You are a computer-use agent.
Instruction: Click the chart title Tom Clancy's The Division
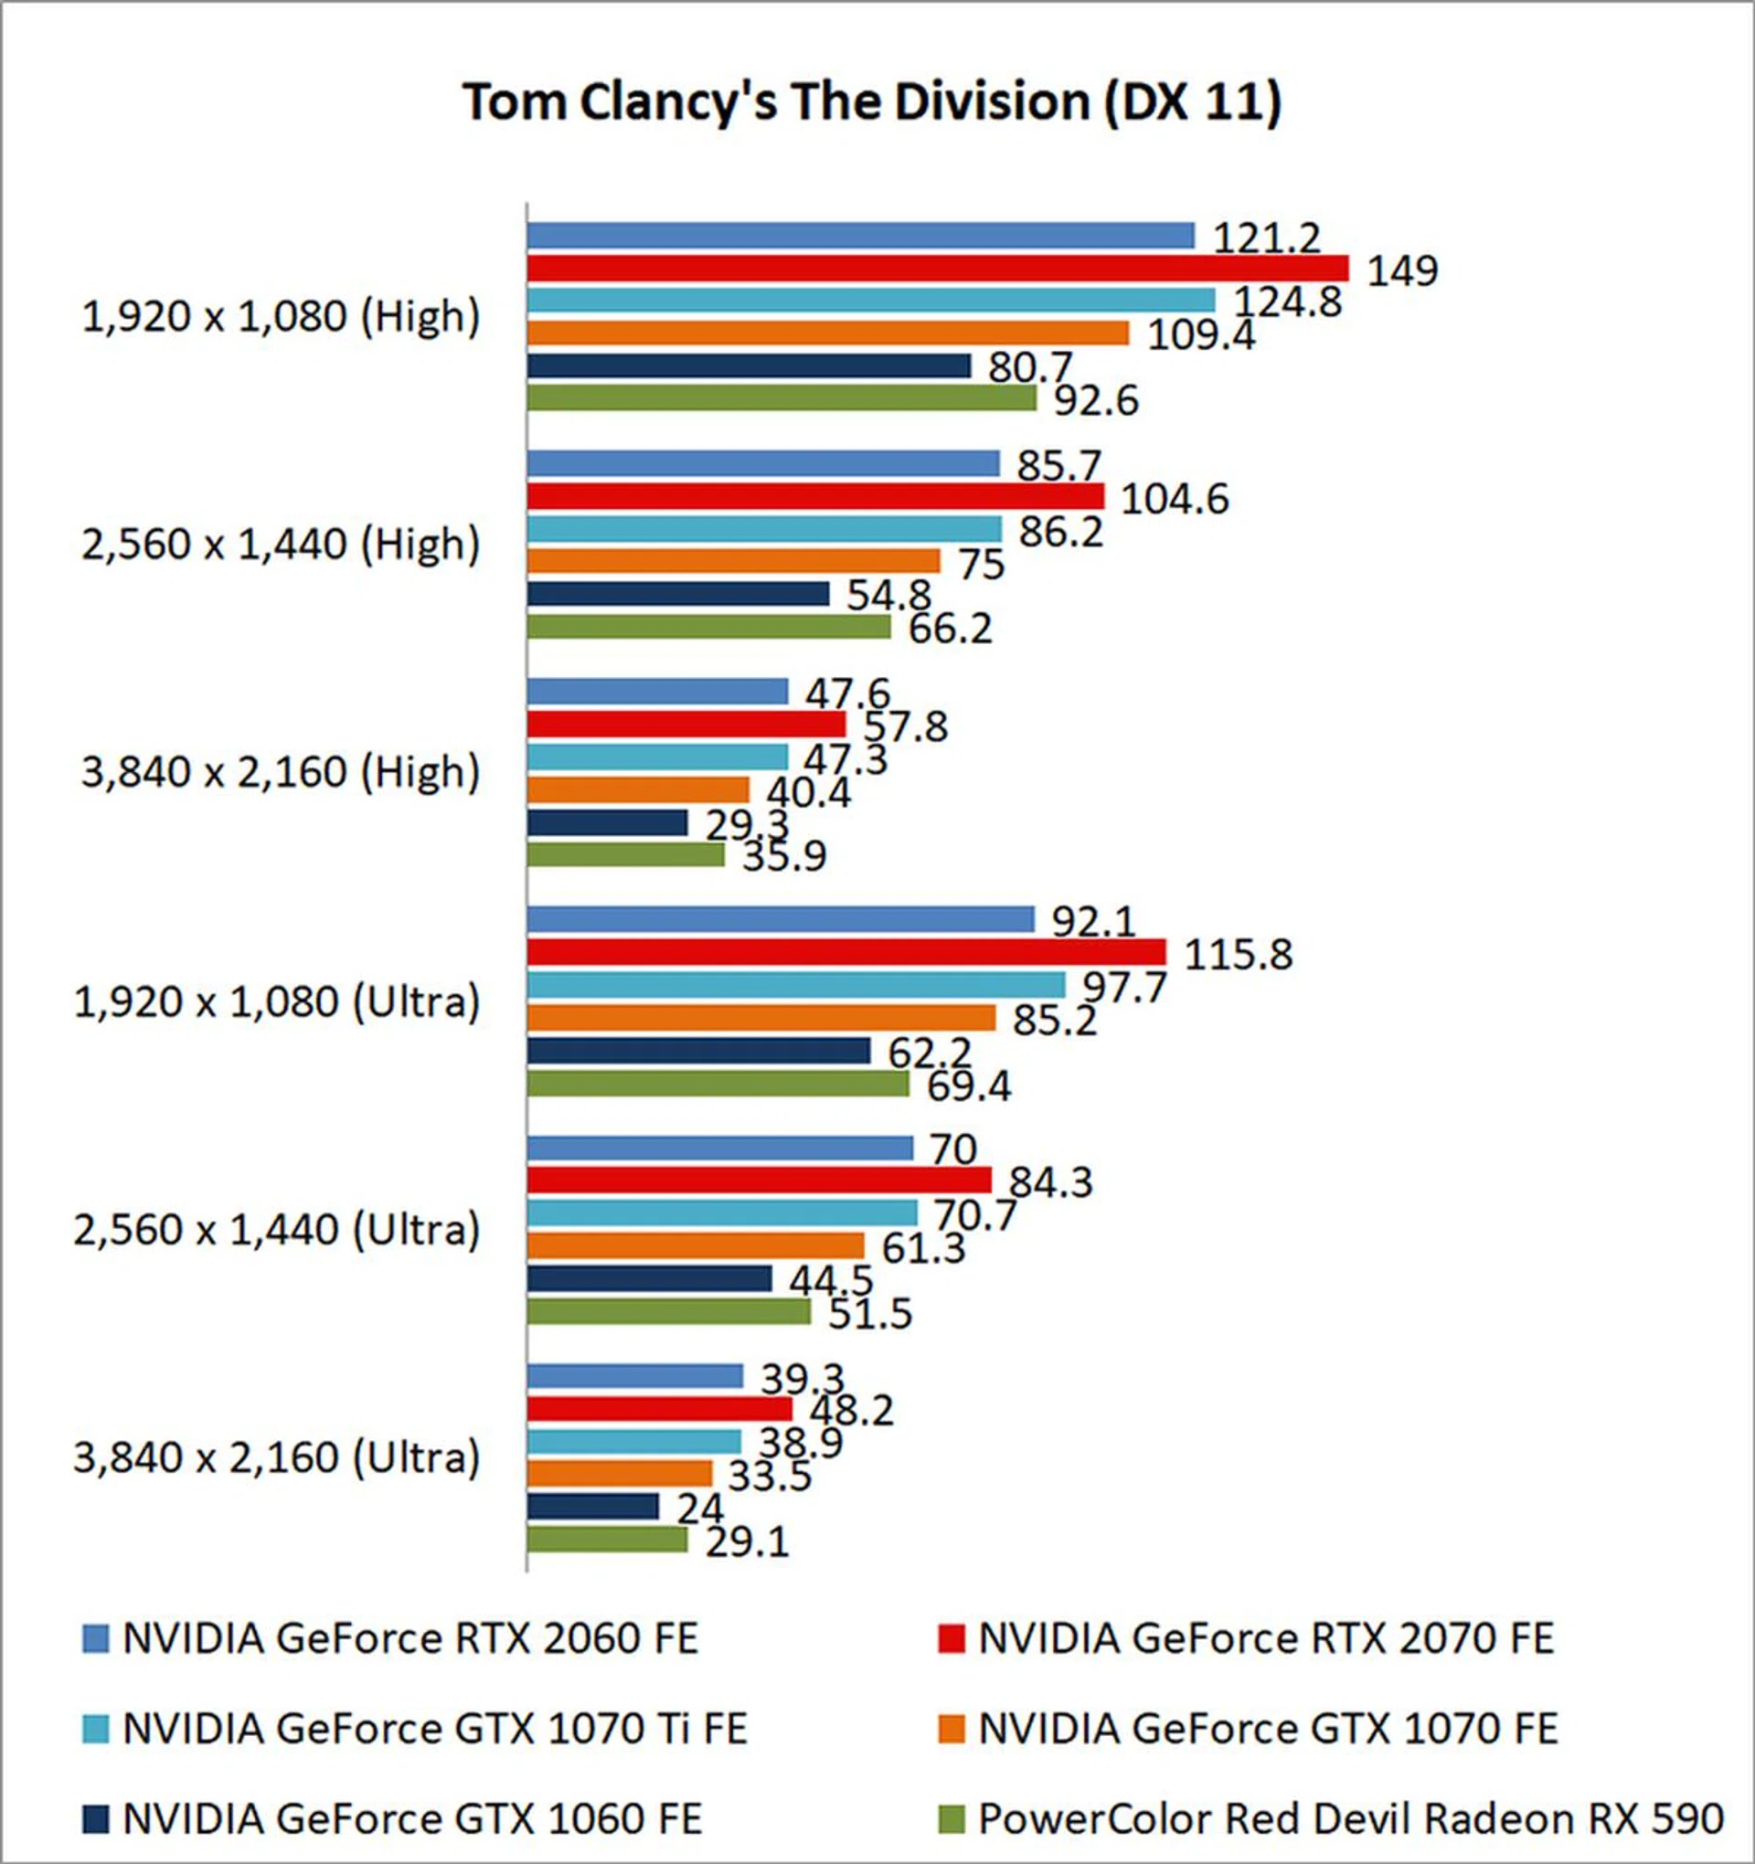(x=872, y=102)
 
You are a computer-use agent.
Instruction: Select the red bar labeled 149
(x=937, y=270)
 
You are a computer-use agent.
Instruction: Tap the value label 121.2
(x=1266, y=238)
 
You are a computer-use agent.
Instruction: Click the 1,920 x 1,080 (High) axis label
(x=281, y=317)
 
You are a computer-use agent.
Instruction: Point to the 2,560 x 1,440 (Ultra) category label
(x=277, y=1230)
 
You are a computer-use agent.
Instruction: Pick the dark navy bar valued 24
(x=593, y=1507)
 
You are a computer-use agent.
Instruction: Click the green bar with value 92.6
(x=782, y=398)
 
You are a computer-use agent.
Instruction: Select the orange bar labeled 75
(x=732, y=561)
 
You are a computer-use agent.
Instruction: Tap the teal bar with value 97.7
(x=795, y=985)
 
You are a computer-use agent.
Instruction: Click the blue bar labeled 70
(x=719, y=1149)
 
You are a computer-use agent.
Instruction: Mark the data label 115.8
(x=1239, y=955)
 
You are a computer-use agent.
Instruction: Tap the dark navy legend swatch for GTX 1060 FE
(x=96, y=1820)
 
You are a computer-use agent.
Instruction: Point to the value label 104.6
(x=1175, y=499)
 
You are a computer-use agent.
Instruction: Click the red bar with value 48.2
(x=659, y=1409)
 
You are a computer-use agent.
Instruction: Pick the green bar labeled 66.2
(x=708, y=626)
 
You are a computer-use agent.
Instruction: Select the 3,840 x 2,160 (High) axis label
(x=281, y=773)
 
